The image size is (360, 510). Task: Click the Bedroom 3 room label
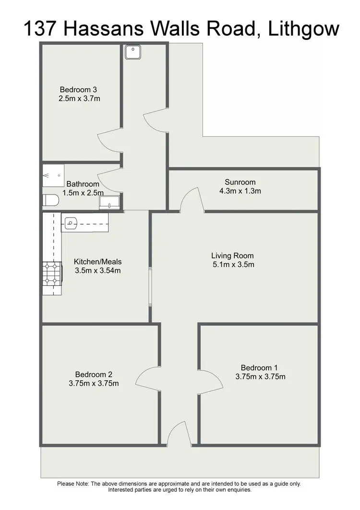(79, 89)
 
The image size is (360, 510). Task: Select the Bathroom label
(83, 184)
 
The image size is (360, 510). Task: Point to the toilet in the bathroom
(50, 200)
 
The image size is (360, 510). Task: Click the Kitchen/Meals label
(97, 262)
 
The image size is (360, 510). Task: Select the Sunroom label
(240, 182)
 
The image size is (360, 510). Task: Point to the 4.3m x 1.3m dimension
(240, 191)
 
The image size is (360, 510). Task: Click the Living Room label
(232, 255)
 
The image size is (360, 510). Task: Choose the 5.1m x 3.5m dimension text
(233, 265)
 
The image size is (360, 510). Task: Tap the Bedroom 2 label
(94, 374)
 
